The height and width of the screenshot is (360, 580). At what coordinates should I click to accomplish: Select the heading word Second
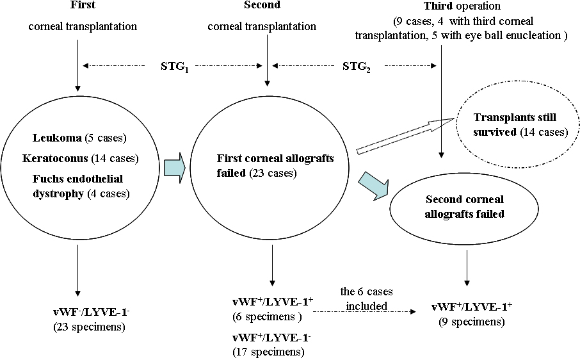click(261, 6)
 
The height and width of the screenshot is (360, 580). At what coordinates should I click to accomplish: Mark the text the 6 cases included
click(366, 300)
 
